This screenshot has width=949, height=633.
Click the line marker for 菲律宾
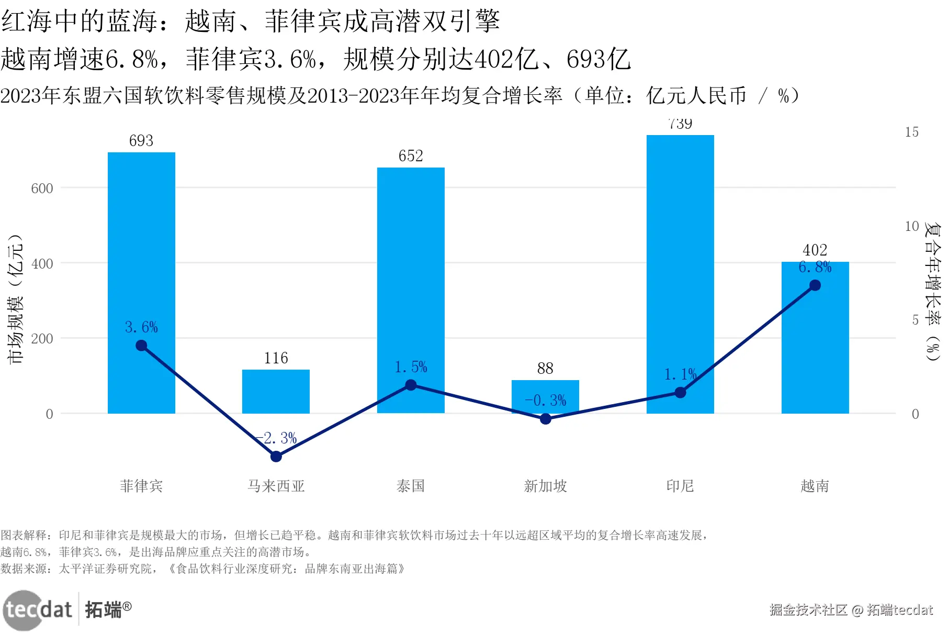click(x=141, y=346)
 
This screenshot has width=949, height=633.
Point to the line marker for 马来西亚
click(x=276, y=457)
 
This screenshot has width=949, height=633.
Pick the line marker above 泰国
click(x=411, y=385)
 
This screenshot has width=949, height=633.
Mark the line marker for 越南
click(x=815, y=285)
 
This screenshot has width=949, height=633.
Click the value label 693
click(x=141, y=141)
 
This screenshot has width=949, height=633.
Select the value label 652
click(x=411, y=156)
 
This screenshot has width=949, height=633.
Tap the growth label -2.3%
click(x=277, y=438)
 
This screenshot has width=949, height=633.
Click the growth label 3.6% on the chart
click(x=141, y=327)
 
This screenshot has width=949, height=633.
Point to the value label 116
click(x=276, y=358)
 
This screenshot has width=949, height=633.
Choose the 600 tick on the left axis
click(x=42, y=188)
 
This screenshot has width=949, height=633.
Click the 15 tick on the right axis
click(x=911, y=132)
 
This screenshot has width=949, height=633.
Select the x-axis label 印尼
click(x=680, y=486)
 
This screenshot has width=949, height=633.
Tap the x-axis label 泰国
click(x=411, y=486)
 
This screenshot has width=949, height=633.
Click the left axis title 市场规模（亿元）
click(x=16, y=298)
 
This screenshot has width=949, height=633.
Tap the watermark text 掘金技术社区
click(x=808, y=610)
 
